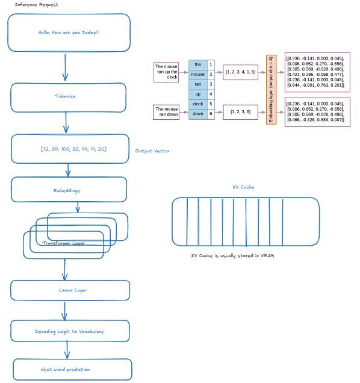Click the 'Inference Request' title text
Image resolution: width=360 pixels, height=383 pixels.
tap(36, 5)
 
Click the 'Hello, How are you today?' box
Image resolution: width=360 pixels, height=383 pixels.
tap(69, 33)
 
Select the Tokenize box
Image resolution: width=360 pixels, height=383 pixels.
tap(69, 97)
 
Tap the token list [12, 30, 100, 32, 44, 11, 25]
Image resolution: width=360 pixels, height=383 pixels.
tap(70, 149)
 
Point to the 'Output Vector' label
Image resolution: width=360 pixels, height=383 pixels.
tap(152, 151)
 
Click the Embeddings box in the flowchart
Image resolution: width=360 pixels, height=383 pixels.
tap(69, 190)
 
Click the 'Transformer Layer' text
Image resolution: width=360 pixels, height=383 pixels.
tap(63, 243)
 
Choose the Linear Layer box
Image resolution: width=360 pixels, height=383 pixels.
tap(70, 290)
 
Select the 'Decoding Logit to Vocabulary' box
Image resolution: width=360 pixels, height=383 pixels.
tap(70, 331)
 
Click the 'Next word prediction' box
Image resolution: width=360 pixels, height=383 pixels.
tap(72, 369)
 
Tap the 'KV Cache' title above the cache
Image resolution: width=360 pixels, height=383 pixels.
tap(243, 187)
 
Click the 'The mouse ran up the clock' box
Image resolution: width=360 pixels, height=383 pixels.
tap(166, 72)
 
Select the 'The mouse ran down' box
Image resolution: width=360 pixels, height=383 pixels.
tap(166, 112)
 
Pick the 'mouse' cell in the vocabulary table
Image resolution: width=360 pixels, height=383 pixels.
tap(197, 74)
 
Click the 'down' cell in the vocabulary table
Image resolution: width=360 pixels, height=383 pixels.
tap(197, 113)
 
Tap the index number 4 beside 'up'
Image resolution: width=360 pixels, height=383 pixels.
tap(211, 94)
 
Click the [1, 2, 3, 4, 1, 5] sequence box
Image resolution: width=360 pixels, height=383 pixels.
tap(240, 72)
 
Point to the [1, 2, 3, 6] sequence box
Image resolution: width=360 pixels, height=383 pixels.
tap(240, 112)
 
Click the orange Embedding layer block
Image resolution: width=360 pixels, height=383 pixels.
tap(271, 89)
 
